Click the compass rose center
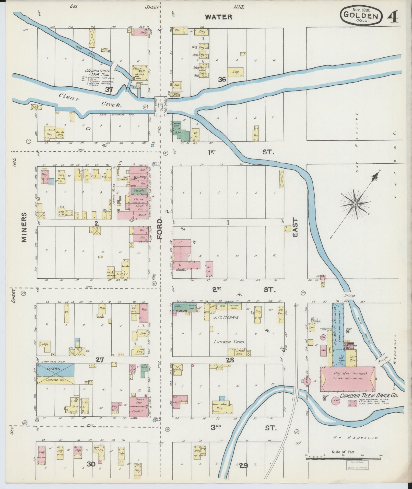(355, 204)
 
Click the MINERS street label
(24, 227)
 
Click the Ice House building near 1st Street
(196, 135)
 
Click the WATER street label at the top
(219, 17)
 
